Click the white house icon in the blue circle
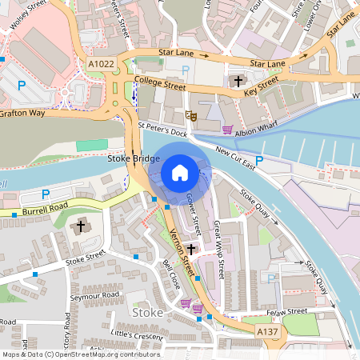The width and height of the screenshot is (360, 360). [x=180, y=172]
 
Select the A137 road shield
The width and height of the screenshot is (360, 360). [x=267, y=329]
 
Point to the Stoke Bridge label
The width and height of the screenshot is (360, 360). [x=134, y=159]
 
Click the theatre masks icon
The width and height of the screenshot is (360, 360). [x=191, y=116]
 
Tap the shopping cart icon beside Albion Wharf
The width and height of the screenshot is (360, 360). [x=227, y=130]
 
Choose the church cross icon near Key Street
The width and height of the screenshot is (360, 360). [x=238, y=81]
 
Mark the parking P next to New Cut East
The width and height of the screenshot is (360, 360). [x=259, y=161]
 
